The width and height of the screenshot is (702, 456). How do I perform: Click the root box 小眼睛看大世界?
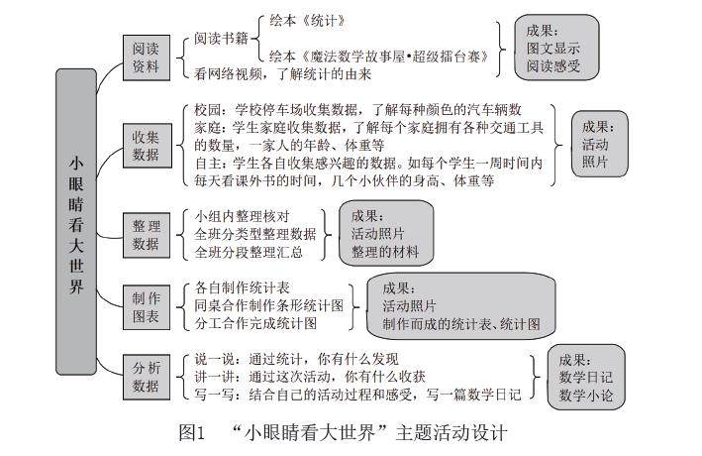pyautogui.click(x=76, y=223)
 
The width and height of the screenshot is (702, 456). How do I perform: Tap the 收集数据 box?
pyautogui.click(x=146, y=144)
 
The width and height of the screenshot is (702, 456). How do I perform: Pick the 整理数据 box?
pyautogui.click(x=146, y=234)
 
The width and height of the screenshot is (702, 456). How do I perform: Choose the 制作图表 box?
pyautogui.click(x=146, y=305)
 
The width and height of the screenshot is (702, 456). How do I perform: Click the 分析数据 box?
pyautogui.click(x=146, y=377)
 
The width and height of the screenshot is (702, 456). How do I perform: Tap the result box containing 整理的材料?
pyautogui.click(x=386, y=234)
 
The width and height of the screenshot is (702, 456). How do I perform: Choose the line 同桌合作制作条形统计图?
pyautogui.click(x=269, y=305)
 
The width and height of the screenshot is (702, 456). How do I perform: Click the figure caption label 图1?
pyautogui.click(x=191, y=433)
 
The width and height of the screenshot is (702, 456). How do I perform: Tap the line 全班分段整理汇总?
pyautogui.click(x=249, y=252)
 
